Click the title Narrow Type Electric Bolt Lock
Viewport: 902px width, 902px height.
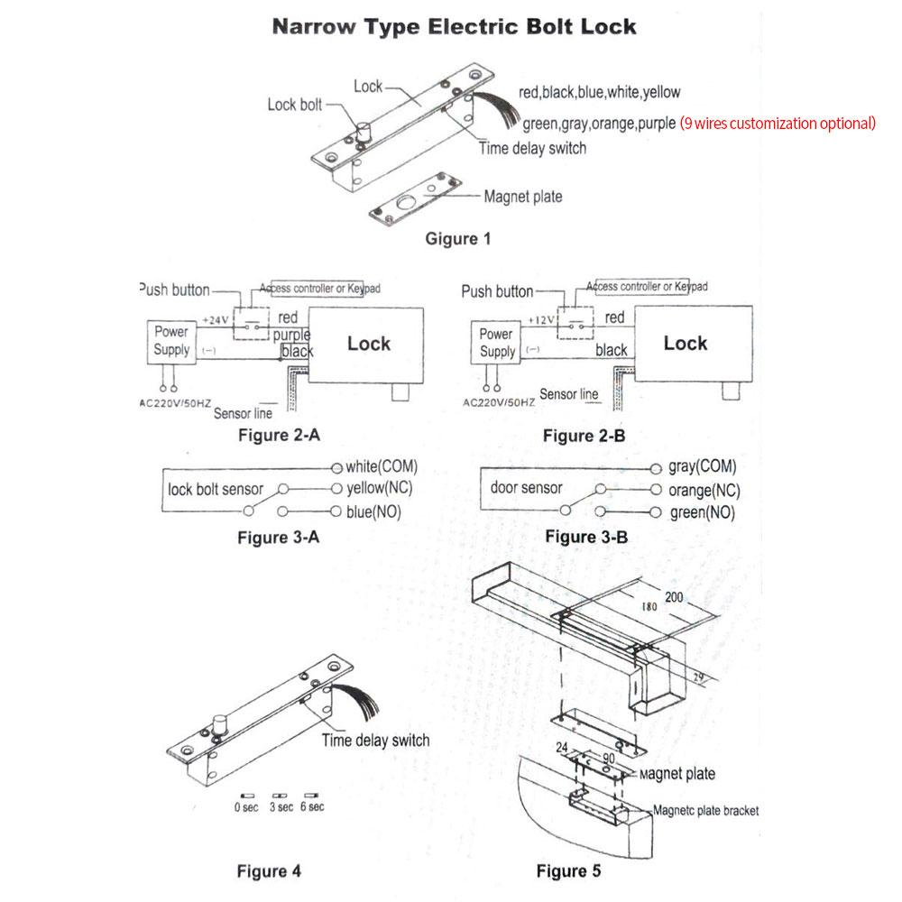(455, 26)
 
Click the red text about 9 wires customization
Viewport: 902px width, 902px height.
(778, 124)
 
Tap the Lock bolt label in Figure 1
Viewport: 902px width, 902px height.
(294, 105)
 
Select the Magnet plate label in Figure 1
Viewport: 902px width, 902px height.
(523, 197)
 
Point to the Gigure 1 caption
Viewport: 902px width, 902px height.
(458, 239)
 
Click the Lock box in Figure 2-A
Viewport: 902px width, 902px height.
(368, 344)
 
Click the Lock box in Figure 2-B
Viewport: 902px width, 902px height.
(693, 344)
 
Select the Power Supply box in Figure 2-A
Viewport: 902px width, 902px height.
(171, 341)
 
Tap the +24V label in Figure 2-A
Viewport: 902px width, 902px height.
(216, 320)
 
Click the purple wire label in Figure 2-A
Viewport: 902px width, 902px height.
(291, 335)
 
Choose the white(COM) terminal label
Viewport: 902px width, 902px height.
(382, 467)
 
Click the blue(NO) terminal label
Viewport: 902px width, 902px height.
(374, 511)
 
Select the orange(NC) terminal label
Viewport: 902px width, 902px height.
(704, 491)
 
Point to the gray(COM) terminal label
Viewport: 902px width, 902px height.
(702, 466)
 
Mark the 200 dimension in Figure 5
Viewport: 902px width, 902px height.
(675, 597)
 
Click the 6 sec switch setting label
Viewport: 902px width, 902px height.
(312, 806)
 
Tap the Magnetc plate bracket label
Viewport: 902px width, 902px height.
(705, 811)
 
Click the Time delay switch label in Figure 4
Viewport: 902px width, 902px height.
(376, 741)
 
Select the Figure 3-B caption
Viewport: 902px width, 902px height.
(586, 538)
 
